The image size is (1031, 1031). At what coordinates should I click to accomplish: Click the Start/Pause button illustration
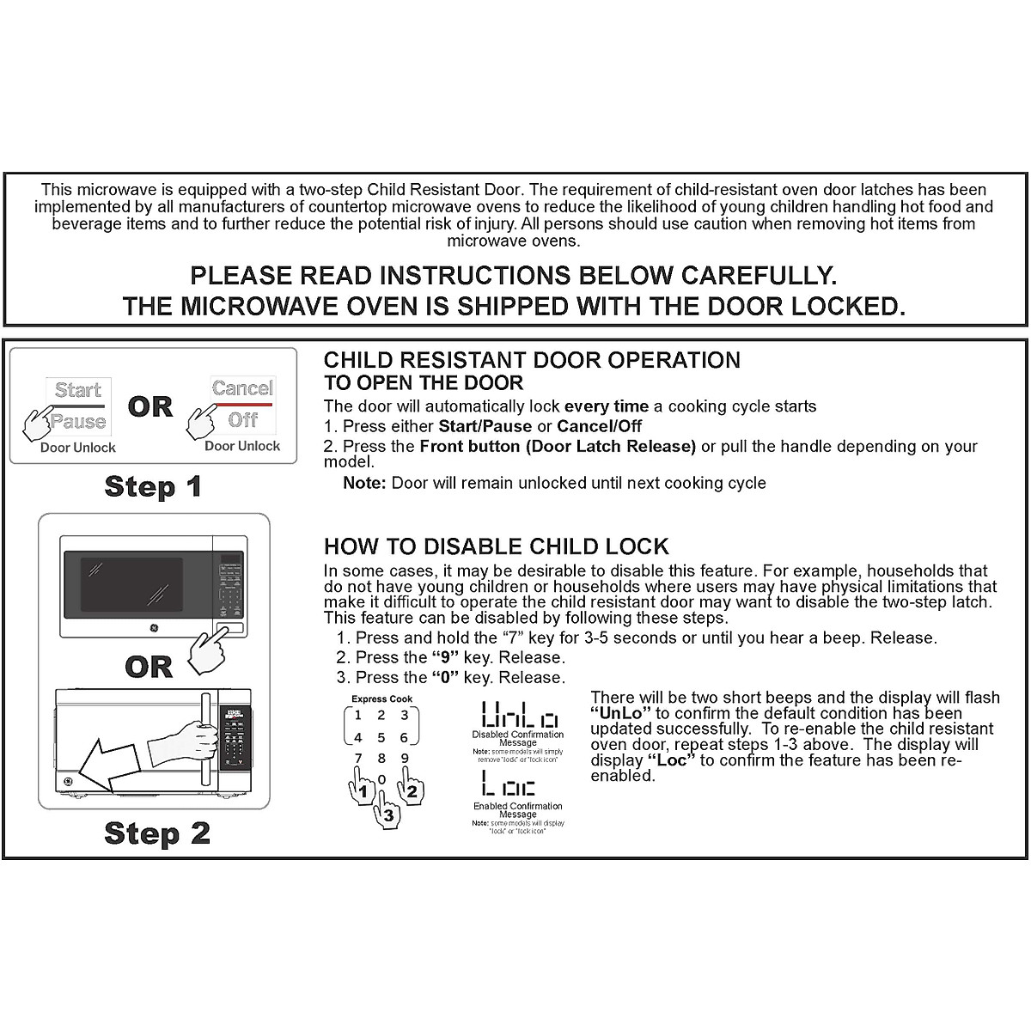[x=78, y=405]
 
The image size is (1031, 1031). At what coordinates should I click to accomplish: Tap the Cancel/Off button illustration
[x=242, y=403]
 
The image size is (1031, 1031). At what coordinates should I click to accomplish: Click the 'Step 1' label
[x=153, y=486]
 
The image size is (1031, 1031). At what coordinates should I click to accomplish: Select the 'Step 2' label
[x=156, y=833]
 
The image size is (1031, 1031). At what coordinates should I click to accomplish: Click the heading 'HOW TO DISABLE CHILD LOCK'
[x=496, y=547]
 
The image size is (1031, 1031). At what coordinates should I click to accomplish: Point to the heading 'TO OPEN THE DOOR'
[x=424, y=383]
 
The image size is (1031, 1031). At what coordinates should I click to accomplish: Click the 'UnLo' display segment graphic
[x=518, y=715]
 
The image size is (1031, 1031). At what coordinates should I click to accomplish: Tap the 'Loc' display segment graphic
[x=509, y=784]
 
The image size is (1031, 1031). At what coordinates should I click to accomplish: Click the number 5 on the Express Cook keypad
[x=381, y=737]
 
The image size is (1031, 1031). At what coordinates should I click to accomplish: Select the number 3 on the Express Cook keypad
[x=404, y=715]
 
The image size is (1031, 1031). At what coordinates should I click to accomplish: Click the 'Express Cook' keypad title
[x=381, y=699]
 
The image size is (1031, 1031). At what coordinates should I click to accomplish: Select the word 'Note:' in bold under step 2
[x=364, y=483]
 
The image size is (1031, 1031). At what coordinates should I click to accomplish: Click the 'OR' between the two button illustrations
[x=150, y=407]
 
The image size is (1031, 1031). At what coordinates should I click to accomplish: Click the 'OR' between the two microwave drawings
[x=149, y=667]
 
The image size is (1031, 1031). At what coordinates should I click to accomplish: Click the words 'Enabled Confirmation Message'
[x=518, y=810]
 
